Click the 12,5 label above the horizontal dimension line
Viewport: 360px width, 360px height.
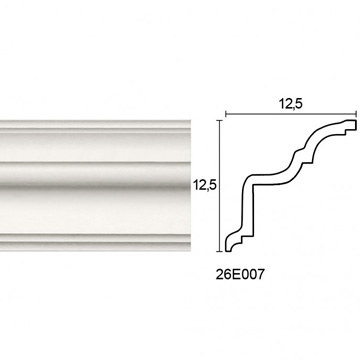pyautogui.click(x=291, y=104)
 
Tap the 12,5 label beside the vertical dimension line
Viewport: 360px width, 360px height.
pyautogui.click(x=204, y=184)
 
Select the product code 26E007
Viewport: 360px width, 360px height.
pyautogui.click(x=240, y=274)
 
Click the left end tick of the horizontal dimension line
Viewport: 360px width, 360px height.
pyautogui.click(x=226, y=114)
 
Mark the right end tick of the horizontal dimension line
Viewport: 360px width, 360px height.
pyautogui.click(x=357, y=114)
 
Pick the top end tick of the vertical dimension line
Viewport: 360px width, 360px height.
pyautogui.click(x=219, y=120)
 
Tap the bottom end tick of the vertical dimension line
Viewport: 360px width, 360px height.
pyautogui.click(x=219, y=251)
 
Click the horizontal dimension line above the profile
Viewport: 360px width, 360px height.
pyautogui.click(x=291, y=114)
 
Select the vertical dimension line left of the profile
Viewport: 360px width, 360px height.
pyautogui.click(x=219, y=186)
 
